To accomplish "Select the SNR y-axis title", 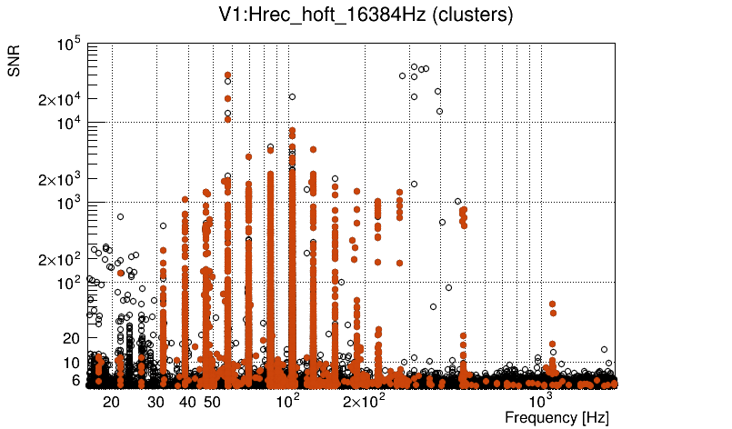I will (15, 61).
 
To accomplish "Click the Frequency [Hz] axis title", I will (557, 417).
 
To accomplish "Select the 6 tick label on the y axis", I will (76, 381).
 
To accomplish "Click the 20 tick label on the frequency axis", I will (111, 402).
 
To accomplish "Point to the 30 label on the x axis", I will (156, 402).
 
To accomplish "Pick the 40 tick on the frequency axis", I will (187, 402).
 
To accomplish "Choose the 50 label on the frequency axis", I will (211, 402).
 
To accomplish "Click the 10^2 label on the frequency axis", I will (287, 400).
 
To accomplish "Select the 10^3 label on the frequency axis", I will (541, 400).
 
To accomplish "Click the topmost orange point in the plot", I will (228, 75).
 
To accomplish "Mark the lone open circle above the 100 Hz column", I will (292, 96).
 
